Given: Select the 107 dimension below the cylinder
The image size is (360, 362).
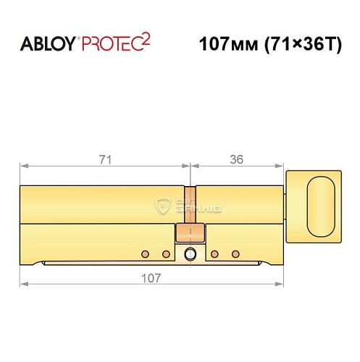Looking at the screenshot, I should click(151, 277).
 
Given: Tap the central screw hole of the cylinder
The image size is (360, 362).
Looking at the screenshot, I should click(190, 254).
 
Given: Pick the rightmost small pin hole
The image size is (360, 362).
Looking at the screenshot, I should click(235, 254).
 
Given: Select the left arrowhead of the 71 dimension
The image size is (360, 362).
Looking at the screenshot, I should click(22, 166).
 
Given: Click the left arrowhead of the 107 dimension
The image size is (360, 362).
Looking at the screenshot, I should click(22, 286).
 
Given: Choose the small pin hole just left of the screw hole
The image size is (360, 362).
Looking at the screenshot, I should click(166, 254).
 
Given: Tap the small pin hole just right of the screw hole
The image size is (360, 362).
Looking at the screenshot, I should click(215, 254).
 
